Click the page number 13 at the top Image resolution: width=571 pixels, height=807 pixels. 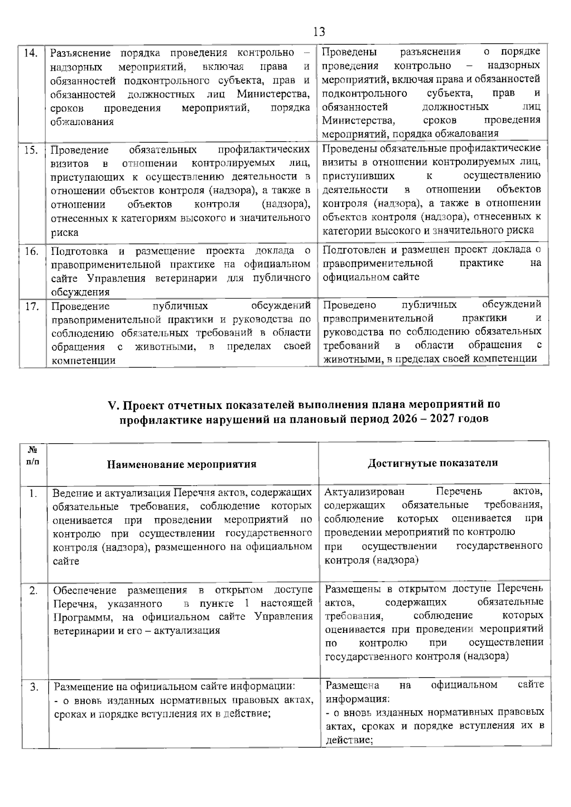[x=319, y=32]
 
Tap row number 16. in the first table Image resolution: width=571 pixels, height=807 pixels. [x=31, y=252]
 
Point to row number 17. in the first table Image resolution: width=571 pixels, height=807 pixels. [x=31, y=306]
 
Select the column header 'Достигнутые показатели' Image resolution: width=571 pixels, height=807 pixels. [x=433, y=463]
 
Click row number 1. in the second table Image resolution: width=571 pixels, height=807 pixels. [x=33, y=494]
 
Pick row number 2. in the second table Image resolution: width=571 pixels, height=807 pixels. [x=33, y=591]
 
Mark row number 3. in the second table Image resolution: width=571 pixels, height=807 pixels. [x=34, y=687]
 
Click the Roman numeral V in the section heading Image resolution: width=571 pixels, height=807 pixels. [x=112, y=405]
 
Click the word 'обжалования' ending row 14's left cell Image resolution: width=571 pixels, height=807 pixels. [x=82, y=122]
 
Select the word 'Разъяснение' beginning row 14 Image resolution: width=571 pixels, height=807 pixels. [x=80, y=53]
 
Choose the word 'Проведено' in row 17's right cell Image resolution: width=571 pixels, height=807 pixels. [x=349, y=304]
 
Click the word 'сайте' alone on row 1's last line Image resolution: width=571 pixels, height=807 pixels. [x=66, y=561]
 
